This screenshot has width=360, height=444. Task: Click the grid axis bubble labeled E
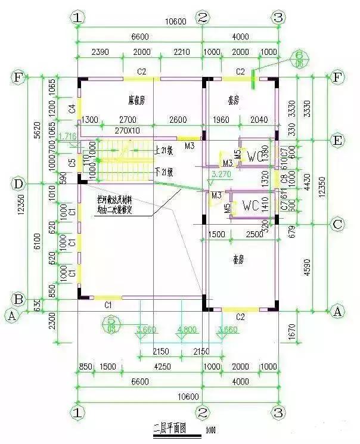(337, 141)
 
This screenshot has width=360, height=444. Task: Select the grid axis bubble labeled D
(18, 183)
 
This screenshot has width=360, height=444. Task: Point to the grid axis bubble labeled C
(337, 225)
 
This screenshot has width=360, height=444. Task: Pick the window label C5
(72, 162)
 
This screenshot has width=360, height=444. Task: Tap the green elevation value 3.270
(221, 175)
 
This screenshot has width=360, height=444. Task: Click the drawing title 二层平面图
(170, 428)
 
